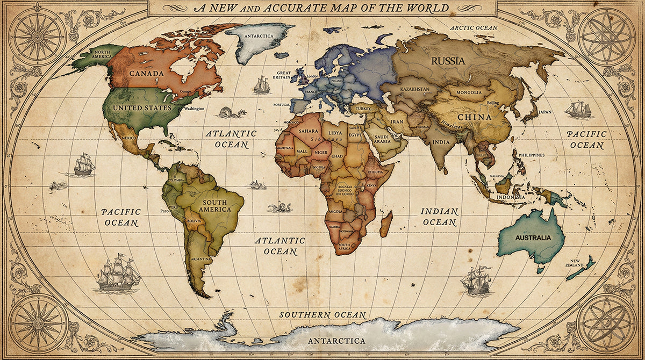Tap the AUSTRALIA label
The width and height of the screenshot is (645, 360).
point(533,237)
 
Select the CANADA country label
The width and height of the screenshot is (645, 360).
point(146,73)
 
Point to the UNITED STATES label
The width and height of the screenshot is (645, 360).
point(142,107)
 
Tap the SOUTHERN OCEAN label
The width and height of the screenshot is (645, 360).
point(322,315)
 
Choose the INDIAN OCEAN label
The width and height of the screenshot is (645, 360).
point(439,217)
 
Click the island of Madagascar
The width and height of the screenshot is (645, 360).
point(386,224)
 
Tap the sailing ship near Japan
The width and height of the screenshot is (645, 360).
point(578,110)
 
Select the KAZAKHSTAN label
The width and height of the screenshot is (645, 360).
point(415,88)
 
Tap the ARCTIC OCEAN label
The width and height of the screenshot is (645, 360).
point(474,27)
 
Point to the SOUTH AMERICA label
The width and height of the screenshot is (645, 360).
point(214,206)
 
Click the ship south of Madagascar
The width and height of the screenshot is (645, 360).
point(476,280)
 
